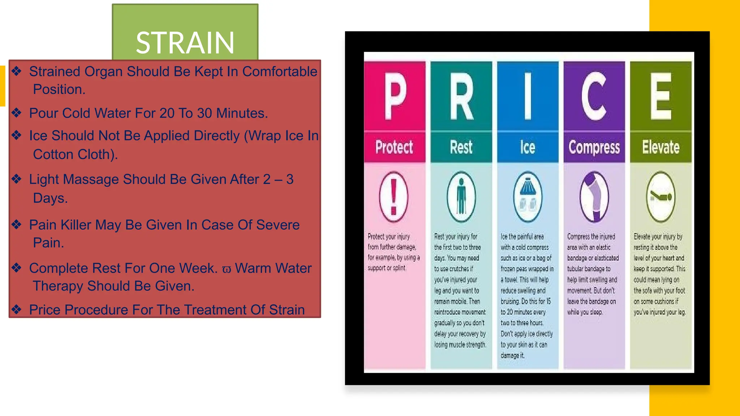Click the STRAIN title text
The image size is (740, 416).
(185, 43)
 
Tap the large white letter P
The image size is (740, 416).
(395, 96)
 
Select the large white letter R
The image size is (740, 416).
(461, 96)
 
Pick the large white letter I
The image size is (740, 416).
(528, 96)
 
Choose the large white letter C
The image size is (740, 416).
(594, 96)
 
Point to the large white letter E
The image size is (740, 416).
(661, 96)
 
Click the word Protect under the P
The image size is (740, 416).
(394, 147)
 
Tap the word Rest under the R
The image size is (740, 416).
(461, 147)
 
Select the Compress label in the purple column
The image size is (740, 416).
(594, 147)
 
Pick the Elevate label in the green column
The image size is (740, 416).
(661, 147)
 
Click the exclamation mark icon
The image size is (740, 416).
(394, 197)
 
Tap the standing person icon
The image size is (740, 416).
(461, 197)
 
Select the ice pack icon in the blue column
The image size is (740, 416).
(528, 197)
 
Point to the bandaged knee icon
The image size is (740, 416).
(594, 197)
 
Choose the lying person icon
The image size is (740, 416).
(661, 197)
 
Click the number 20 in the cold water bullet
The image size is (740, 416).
(167, 113)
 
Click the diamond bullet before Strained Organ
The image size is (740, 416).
(17, 71)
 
